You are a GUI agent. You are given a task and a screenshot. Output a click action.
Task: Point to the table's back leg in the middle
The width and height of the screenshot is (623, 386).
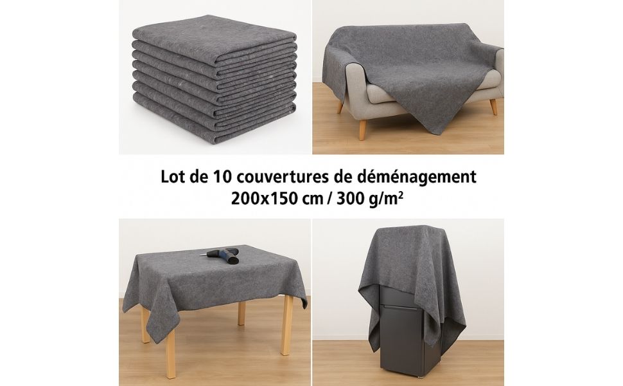241,313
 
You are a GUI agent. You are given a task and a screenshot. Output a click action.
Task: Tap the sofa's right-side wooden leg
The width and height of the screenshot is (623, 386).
493,106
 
